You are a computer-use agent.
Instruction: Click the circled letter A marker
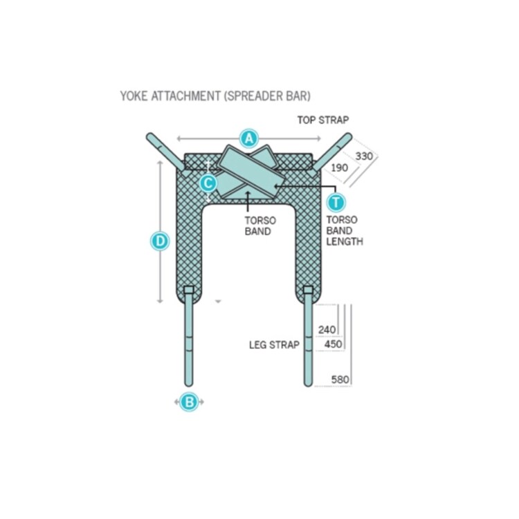(249, 138)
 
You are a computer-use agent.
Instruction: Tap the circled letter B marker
(189, 402)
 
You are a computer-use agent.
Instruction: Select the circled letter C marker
(208, 183)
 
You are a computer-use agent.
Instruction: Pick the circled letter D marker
(161, 241)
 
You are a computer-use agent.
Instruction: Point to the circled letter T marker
(336, 202)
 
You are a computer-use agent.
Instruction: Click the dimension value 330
(364, 156)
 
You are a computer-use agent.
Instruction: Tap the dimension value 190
(340, 168)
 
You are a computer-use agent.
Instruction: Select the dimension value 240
(327, 329)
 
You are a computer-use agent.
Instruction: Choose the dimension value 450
(333, 344)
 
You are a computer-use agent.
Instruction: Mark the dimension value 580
(340, 379)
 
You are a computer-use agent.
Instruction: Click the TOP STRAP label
(323, 120)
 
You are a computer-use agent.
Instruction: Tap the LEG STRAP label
(274, 345)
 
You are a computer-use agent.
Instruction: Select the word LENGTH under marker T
(345, 242)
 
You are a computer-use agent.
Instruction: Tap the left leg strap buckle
(189, 290)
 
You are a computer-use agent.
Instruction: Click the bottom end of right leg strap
(308, 385)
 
